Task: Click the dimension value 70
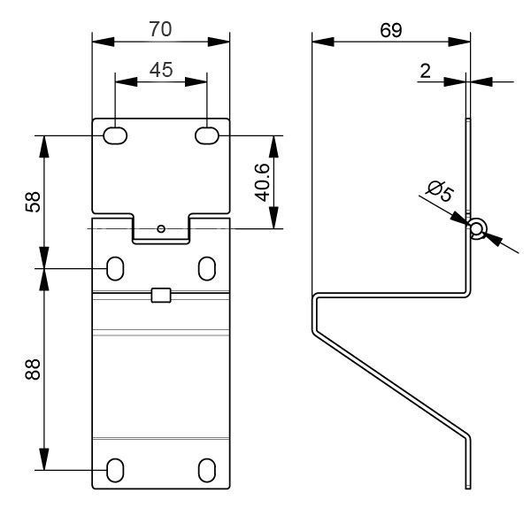pos(160,29)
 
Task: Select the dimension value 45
pos(161,70)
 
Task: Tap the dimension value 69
pos(391,30)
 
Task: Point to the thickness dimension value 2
pos(425,71)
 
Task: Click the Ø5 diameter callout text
pos(440,191)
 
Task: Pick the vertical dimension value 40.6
pos(263,182)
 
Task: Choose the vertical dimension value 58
pos(33,202)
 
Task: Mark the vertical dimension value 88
pos(33,369)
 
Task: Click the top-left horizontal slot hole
pos(115,135)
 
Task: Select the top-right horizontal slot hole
pos(207,135)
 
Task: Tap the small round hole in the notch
pos(161,229)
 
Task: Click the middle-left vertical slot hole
pos(115,268)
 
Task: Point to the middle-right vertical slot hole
pos(207,268)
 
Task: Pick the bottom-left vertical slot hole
pos(115,470)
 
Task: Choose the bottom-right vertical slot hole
pos(207,470)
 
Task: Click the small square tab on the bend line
pos(161,295)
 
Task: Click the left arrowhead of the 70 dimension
pos(104,42)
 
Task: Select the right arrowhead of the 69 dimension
pos(459,42)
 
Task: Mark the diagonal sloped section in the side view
pos(391,382)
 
